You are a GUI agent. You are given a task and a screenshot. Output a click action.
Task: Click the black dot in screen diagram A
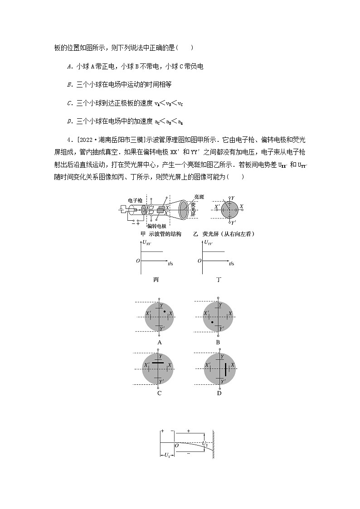click(165, 312)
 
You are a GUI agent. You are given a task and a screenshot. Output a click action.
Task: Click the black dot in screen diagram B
click(212, 322)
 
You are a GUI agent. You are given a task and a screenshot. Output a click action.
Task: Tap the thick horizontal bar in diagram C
click(158, 363)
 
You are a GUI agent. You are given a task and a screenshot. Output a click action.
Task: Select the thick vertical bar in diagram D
click(224, 370)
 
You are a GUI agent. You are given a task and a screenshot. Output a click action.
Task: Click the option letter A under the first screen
click(159, 342)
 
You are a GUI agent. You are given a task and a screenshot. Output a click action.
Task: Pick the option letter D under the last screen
click(219, 393)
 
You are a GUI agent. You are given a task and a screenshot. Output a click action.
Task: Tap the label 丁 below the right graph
click(219, 280)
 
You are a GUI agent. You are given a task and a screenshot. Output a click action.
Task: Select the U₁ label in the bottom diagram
click(167, 454)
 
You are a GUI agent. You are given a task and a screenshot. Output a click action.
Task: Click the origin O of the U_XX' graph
click(138, 261)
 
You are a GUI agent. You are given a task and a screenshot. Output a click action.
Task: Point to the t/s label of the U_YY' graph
click(231, 263)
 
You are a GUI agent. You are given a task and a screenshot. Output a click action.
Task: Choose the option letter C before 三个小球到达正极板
click(70, 103)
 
